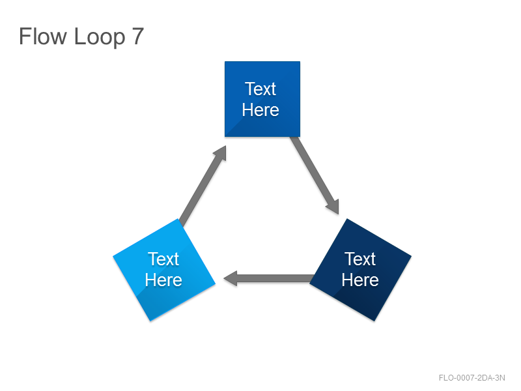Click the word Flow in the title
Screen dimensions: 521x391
[43, 36]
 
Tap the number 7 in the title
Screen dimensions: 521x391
[138, 36]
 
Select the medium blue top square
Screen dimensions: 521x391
[262, 99]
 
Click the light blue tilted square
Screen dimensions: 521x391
[164, 270]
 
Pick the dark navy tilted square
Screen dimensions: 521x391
[361, 270]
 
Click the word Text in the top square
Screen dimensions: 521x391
[260, 89]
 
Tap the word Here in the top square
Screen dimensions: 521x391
[260, 109]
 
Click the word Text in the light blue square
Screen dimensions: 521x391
[163, 259]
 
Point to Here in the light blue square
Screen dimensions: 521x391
[163, 280]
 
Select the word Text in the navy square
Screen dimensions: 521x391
[360, 259]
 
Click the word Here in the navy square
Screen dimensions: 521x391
[360, 280]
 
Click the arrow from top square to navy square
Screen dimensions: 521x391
[315, 175]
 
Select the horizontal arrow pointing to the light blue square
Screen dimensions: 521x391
[269, 278]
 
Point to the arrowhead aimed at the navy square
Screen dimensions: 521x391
[334, 207]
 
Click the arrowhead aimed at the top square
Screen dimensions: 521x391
[221, 153]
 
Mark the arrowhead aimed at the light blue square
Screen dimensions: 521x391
[231, 278]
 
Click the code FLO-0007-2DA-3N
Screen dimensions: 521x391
[472, 378]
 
